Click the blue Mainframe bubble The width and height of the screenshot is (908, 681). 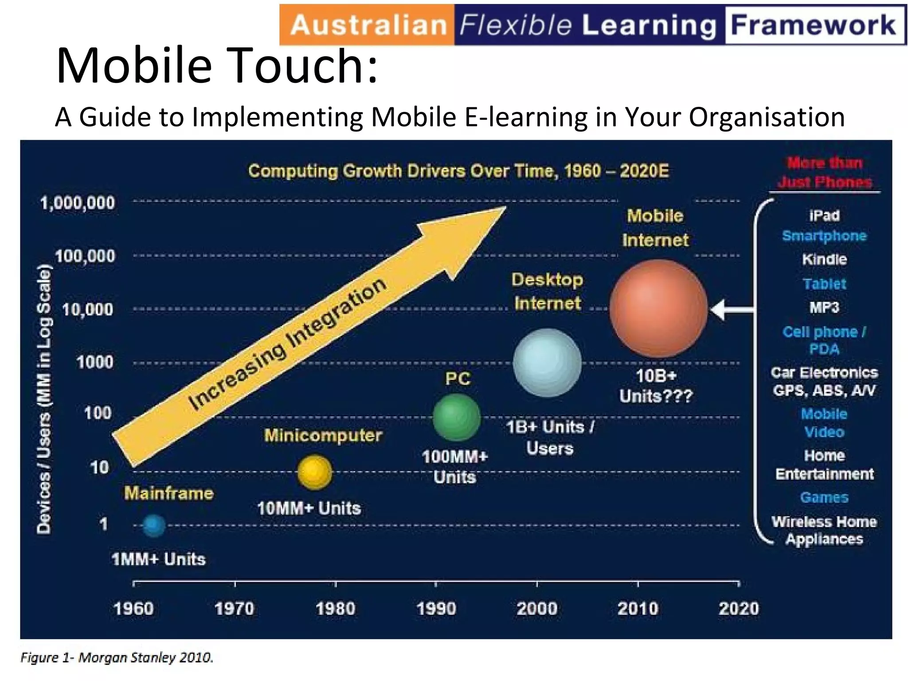pyautogui.click(x=154, y=526)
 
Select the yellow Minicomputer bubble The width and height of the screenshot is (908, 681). pyautogui.click(x=315, y=472)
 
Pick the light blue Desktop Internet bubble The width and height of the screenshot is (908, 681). pyautogui.click(x=547, y=362)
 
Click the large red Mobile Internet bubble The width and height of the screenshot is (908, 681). pyautogui.click(x=658, y=309)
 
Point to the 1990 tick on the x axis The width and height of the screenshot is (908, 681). pyautogui.click(x=436, y=584)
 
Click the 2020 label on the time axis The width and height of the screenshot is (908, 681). pyautogui.click(x=739, y=608)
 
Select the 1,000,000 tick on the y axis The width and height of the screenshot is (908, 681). pyautogui.click(x=77, y=203)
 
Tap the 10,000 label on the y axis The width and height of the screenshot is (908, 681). pyautogui.click(x=87, y=309)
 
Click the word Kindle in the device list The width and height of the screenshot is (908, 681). pyautogui.click(x=824, y=259)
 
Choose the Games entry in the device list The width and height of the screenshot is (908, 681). pyautogui.click(x=824, y=497)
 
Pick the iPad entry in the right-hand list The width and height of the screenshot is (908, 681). pyautogui.click(x=824, y=216)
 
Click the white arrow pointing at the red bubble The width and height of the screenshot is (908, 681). pyautogui.click(x=732, y=309)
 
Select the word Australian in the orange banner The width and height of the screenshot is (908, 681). pyautogui.click(x=368, y=25)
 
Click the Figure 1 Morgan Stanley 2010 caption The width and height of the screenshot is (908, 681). pyautogui.click(x=117, y=657)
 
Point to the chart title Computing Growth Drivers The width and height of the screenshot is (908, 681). pyautogui.click(x=458, y=171)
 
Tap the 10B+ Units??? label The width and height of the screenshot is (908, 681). pyautogui.click(x=656, y=386)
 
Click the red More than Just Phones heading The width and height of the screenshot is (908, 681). pyautogui.click(x=825, y=172)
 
